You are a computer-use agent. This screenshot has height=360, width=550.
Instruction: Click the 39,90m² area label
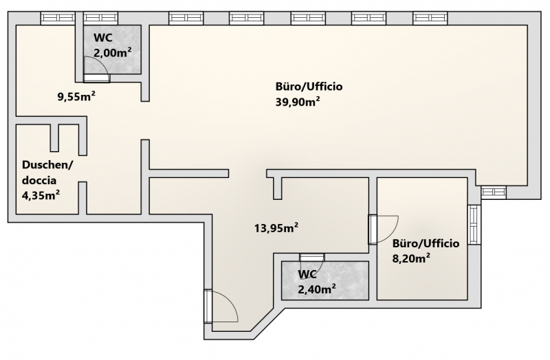pyautogui.click(x=298, y=102)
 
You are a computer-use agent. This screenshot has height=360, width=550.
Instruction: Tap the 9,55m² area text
pyautogui.click(x=76, y=96)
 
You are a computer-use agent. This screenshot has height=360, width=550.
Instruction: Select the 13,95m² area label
pyautogui.click(x=276, y=228)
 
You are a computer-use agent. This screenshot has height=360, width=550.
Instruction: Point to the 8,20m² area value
pyautogui.click(x=411, y=258)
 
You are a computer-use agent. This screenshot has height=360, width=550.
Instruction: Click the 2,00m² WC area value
pyautogui.click(x=113, y=52)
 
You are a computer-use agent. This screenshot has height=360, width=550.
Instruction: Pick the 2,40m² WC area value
pyautogui.click(x=317, y=289)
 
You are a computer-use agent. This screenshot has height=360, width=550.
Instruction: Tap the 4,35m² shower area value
pyautogui.click(x=41, y=195)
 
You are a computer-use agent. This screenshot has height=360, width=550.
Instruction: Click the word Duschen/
pyautogui.click(x=47, y=165)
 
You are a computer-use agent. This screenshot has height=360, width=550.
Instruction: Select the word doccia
pyautogui.click(x=39, y=180)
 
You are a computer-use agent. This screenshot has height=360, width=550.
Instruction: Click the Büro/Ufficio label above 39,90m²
pyautogui.click(x=309, y=87)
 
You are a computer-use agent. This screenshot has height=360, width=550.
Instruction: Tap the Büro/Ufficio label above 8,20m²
pyautogui.click(x=426, y=243)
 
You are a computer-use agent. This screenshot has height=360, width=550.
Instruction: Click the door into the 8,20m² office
pyautogui.click(x=383, y=229)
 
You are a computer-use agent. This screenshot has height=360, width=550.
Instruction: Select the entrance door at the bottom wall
pyautogui.click(x=221, y=306)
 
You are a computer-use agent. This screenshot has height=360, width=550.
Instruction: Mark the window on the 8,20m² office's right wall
pyautogui.click(x=474, y=225)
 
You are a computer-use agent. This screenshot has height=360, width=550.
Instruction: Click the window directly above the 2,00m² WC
pyautogui.click(x=101, y=18)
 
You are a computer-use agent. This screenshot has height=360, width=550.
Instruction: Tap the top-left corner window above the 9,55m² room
pyautogui.click(x=58, y=18)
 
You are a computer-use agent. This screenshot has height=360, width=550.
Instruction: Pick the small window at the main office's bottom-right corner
pyautogui.click(x=494, y=192)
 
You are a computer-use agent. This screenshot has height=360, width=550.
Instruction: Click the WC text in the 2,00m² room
pyautogui.click(x=103, y=37)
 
